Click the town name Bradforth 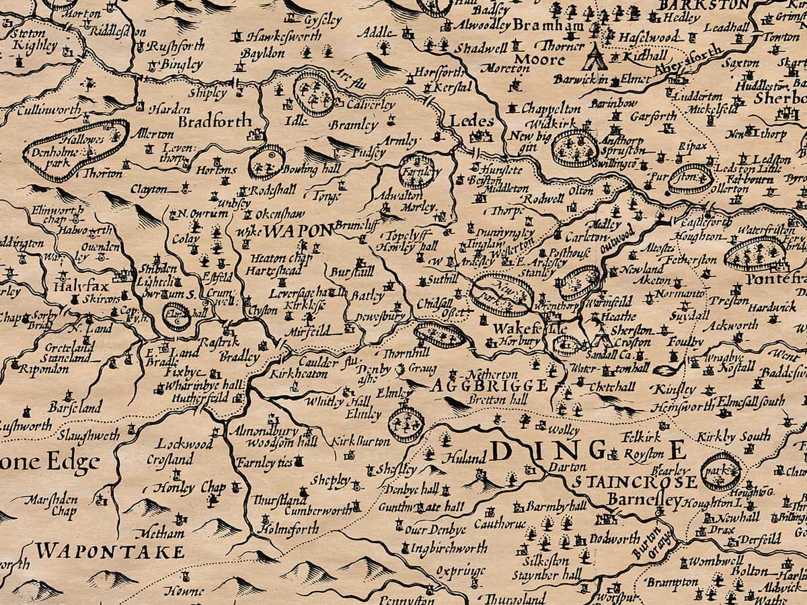215,122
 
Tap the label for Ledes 471,122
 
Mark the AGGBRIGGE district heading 489,386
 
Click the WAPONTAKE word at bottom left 110,552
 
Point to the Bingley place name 180,65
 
